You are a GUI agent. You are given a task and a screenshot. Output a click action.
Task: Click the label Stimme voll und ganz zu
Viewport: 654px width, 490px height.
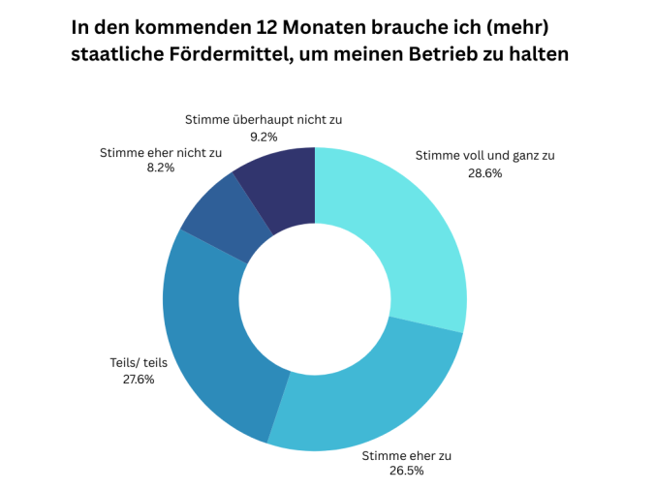coord(484,155)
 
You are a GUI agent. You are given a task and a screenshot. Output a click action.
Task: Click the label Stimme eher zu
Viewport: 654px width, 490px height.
coord(406,455)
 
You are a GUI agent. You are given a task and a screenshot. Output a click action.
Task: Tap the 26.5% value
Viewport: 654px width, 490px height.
coord(406,472)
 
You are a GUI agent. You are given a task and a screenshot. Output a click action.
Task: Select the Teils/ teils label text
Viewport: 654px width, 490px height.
coord(139,363)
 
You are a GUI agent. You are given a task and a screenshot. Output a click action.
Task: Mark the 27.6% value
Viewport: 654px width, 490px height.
coord(138,380)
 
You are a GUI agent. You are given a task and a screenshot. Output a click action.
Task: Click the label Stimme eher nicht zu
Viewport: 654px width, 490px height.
coord(161,152)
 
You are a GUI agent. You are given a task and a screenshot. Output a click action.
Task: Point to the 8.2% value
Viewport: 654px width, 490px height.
coord(160,168)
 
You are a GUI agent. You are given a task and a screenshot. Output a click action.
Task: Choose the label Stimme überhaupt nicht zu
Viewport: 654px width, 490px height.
coord(264,120)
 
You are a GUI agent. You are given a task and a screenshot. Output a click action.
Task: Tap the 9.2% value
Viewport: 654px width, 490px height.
coord(264,137)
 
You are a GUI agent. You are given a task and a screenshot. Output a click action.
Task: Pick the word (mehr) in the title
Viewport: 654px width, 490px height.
coord(526,25)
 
